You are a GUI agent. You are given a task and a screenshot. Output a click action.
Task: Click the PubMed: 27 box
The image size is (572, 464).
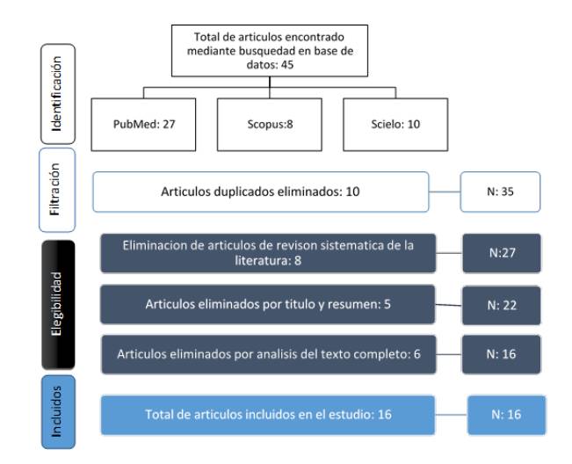(143, 125)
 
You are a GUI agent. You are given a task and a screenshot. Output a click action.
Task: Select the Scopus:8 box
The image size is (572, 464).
(270, 125)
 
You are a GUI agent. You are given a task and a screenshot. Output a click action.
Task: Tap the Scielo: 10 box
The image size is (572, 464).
(395, 125)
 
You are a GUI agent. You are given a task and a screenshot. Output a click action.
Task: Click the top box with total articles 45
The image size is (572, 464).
(270, 51)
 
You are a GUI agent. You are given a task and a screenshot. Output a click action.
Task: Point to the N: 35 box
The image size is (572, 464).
(500, 192)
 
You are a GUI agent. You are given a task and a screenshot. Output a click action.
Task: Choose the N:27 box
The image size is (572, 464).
(502, 253)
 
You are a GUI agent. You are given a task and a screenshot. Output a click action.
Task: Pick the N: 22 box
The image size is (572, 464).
(502, 305)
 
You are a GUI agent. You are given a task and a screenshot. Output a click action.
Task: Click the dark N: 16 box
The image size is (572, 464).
(501, 354)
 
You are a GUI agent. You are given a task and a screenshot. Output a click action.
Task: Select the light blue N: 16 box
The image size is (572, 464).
(507, 415)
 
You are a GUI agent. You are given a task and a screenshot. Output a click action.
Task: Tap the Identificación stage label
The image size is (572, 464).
(58, 94)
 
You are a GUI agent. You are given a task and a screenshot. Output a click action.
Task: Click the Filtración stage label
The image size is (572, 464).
(57, 190)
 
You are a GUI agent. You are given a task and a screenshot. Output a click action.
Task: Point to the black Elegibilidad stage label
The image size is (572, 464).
(58, 305)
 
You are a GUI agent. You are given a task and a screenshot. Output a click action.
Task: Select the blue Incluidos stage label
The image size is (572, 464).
(58, 412)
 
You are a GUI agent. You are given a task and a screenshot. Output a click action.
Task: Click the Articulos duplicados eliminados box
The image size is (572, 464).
(261, 192)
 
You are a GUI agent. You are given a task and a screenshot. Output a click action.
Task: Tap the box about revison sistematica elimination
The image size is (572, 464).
(268, 253)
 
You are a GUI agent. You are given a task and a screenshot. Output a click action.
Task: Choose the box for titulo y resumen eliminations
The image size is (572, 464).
(268, 305)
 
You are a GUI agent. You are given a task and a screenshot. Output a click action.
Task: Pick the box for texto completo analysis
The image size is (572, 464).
(269, 354)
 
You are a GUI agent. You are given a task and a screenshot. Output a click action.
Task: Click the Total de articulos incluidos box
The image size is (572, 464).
(268, 415)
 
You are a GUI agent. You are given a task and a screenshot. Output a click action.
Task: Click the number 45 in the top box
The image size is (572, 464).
(287, 65)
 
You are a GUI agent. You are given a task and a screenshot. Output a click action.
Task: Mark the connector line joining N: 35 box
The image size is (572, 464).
(445, 192)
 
